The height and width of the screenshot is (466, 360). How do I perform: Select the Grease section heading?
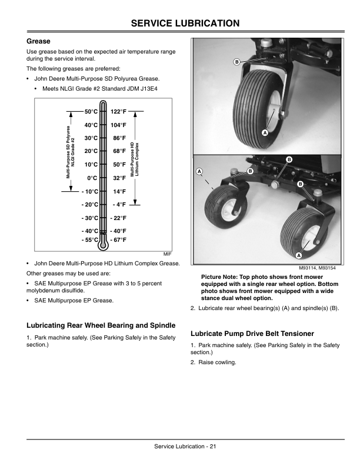click(39, 42)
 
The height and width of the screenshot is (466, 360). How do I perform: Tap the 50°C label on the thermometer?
click(91, 111)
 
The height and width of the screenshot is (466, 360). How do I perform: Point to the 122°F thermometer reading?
click(119, 111)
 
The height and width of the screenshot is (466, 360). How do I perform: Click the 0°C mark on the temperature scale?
click(92, 178)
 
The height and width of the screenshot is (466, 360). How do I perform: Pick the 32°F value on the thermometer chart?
click(119, 178)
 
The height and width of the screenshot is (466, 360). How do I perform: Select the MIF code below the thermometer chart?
click(167, 252)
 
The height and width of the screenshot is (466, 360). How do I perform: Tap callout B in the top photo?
click(236, 61)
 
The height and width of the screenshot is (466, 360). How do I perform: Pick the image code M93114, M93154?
click(323, 268)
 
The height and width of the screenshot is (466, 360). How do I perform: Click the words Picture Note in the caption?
click(220, 277)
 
